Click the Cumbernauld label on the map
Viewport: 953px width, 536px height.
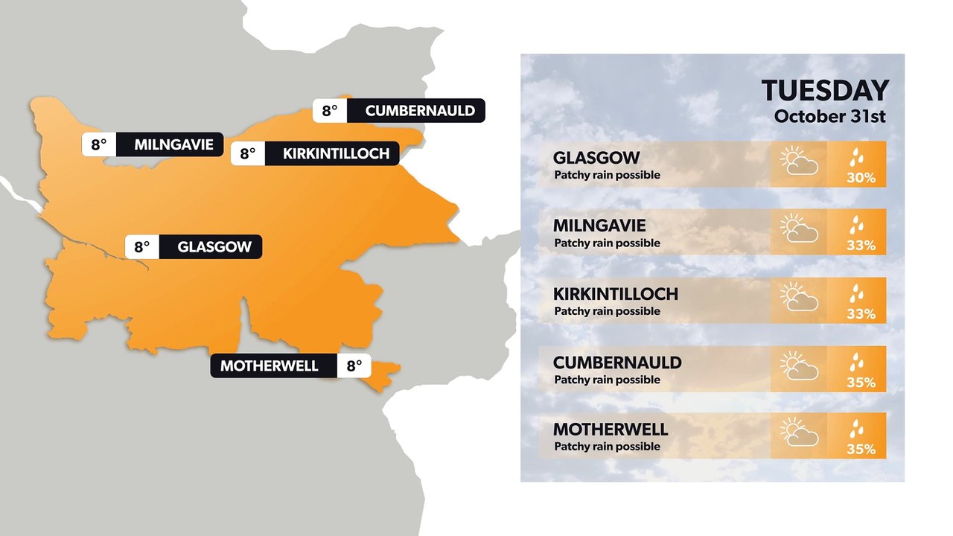click(419, 111)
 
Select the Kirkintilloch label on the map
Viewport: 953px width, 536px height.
click(336, 154)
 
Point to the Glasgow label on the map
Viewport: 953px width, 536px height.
click(214, 247)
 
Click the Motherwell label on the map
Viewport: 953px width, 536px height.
click(269, 366)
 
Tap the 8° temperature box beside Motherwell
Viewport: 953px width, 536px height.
click(354, 366)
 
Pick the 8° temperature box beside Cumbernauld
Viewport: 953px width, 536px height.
click(330, 111)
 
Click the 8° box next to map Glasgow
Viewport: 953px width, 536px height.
click(142, 247)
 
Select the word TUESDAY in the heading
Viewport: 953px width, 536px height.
click(825, 91)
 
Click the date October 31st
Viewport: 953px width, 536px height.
click(829, 117)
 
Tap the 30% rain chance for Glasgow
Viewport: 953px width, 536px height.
click(860, 179)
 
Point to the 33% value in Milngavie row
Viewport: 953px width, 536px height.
click(860, 246)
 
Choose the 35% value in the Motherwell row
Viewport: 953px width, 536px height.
click(860, 450)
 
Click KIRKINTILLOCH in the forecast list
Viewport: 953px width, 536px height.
click(615, 294)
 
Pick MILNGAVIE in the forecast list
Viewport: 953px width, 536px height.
click(599, 226)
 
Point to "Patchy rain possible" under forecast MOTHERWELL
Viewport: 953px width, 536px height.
click(607, 447)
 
